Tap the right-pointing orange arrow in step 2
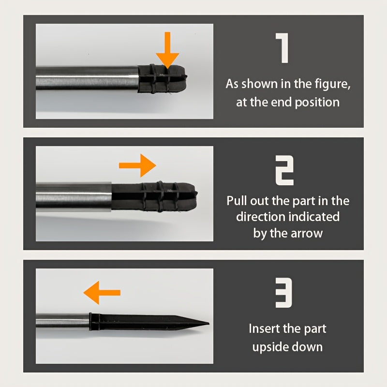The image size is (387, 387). tap(137, 165)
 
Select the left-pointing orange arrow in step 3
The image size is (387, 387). tap(102, 293)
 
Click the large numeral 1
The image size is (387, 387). tap(283, 48)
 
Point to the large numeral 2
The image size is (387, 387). tap(284, 170)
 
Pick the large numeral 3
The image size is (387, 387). tap(284, 293)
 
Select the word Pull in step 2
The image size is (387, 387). tap(237, 200)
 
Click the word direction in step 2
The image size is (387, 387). tap(260, 216)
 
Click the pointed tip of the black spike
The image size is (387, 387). tap(209, 323)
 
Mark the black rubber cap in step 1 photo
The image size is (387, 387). tap(162, 79)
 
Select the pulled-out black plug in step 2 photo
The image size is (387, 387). tap(154, 196)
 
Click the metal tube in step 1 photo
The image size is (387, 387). tap(87, 78)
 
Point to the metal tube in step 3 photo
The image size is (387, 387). tap(63, 321)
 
